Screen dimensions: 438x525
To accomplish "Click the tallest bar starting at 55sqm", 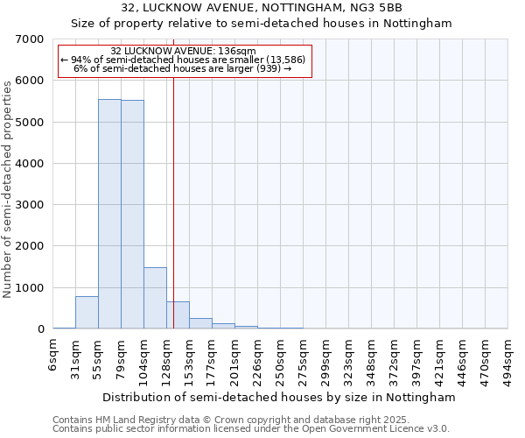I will click(x=109, y=214).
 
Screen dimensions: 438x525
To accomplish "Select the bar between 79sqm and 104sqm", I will click(x=132, y=215).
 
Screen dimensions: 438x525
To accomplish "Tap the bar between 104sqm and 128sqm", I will click(x=155, y=298).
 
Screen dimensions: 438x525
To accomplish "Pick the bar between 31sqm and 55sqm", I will click(x=87, y=313).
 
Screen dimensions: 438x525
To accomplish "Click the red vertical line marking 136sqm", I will click(x=173, y=201).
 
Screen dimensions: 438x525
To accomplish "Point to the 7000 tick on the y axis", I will click(x=30, y=39).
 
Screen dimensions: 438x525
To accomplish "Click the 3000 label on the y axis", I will click(x=30, y=205).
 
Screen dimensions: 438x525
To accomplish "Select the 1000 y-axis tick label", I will click(x=30, y=288).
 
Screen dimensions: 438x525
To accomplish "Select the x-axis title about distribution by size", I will click(x=279, y=397).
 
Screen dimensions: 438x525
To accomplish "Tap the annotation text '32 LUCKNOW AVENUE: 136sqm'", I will click(x=184, y=52).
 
